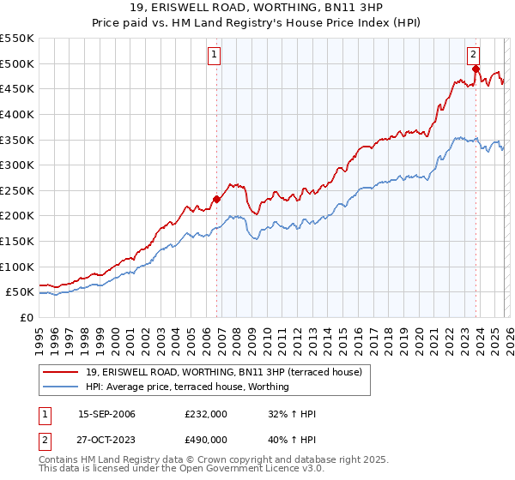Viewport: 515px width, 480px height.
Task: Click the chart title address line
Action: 257,8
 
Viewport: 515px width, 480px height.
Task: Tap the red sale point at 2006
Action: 216,200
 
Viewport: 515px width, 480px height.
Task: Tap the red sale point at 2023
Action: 476,69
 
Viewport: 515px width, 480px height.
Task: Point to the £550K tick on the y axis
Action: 17,39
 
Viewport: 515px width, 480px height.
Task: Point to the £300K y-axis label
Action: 17,165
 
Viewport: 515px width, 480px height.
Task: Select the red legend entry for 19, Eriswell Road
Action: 224,372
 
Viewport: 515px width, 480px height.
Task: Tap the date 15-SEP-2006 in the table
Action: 106,414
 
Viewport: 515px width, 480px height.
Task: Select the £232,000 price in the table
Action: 205,414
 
